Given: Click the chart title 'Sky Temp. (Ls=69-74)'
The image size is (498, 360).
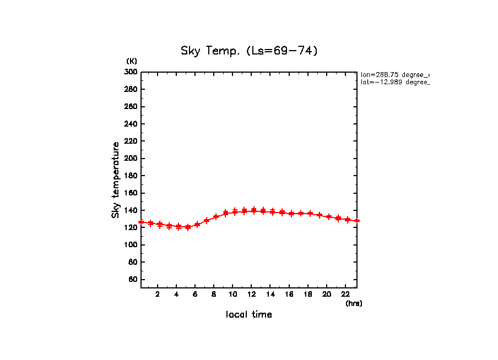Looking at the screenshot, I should coord(249,51).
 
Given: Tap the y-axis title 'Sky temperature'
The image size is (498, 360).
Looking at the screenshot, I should coord(116,179).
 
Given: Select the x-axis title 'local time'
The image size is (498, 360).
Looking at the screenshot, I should coord(248,315).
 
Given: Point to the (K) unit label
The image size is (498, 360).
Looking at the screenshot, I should coord(132,61).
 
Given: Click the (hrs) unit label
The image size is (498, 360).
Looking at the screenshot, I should coord(354,303).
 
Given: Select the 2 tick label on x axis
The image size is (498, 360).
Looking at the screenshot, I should coord(158,294).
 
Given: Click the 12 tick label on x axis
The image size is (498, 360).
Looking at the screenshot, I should coord(251,294).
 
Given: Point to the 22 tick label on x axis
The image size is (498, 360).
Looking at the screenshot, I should coord(345,294).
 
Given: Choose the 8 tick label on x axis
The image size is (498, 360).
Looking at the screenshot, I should coord(214,294).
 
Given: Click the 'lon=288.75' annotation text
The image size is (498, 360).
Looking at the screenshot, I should coord(394,74).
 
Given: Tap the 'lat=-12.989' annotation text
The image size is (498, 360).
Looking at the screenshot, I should coord(394,82).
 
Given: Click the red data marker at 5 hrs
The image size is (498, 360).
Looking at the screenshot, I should coord(188,227).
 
